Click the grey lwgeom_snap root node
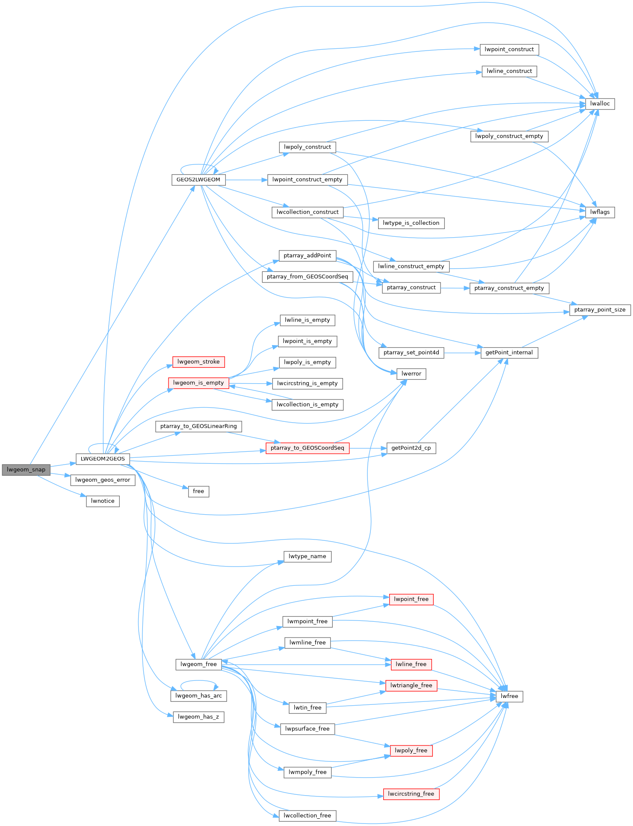coord(26,470)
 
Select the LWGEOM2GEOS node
coord(103,459)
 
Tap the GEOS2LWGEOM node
coord(198,180)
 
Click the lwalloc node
coord(600,104)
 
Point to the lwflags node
coord(600,212)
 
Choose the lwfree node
coord(509,696)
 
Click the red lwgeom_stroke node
coord(198,362)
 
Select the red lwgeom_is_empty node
coord(198,383)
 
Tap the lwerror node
coord(411,374)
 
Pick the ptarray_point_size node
coord(600,310)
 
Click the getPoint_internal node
coord(509,353)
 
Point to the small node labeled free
coord(198,491)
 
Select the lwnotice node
coord(103,501)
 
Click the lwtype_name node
coord(307,557)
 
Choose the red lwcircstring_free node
coord(411,794)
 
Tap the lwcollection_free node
coord(307,816)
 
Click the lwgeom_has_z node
coord(198,717)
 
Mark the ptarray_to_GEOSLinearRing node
coord(198,426)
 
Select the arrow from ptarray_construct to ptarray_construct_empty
coord(455,288)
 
